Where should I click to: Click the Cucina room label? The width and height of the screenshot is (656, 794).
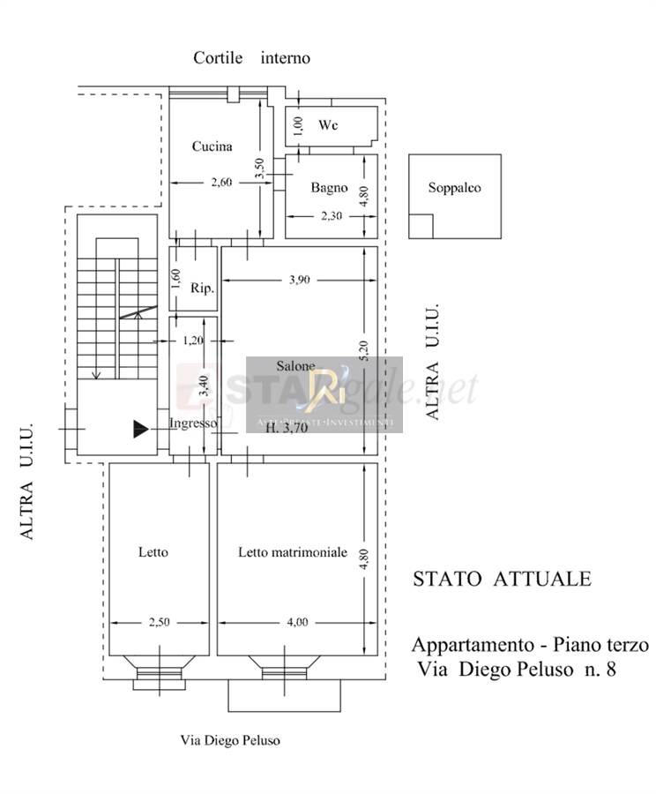(x=212, y=146)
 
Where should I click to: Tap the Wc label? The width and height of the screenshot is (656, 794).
(x=328, y=125)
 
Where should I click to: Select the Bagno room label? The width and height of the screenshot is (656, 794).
(x=329, y=187)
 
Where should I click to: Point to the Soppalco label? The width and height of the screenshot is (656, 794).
(x=454, y=187)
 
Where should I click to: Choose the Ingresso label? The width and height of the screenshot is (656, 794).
(x=192, y=423)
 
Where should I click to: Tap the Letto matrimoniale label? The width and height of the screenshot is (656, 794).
(x=293, y=552)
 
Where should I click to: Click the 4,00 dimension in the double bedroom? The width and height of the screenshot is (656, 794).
(x=296, y=622)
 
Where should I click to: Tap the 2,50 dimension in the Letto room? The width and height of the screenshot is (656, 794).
(x=159, y=622)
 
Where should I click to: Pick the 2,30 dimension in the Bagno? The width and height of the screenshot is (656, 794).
(x=331, y=215)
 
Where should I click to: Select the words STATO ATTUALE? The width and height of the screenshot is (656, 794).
(x=502, y=579)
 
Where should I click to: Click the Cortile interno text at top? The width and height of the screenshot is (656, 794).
(x=252, y=58)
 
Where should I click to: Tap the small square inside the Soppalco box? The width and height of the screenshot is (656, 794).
(x=421, y=227)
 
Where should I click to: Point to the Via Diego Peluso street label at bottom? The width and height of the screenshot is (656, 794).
(x=230, y=740)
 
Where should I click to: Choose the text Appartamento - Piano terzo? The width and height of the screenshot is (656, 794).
(x=529, y=645)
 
